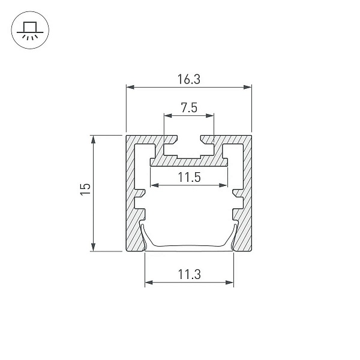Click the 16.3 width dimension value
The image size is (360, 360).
(x=189, y=79)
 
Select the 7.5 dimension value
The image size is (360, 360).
(x=189, y=107)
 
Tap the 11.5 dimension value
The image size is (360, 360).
(x=190, y=177)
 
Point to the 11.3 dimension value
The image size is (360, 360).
(x=190, y=274)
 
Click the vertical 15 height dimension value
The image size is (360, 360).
(x=85, y=190)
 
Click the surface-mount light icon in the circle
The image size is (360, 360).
(x=30, y=30)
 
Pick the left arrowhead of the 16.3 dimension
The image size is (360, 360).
(x=130, y=87)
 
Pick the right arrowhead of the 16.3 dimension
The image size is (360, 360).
(x=247, y=87)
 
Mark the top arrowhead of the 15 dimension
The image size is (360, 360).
(x=93, y=139)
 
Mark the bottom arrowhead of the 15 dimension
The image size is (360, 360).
(x=93, y=247)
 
